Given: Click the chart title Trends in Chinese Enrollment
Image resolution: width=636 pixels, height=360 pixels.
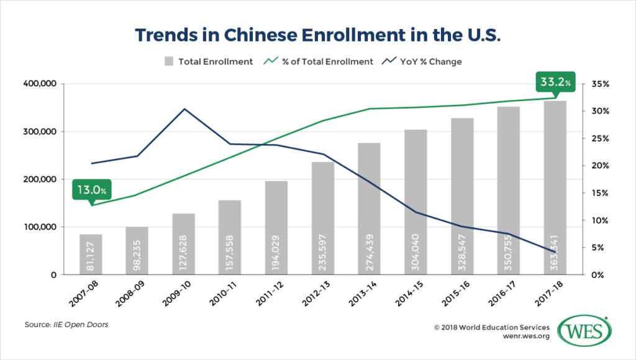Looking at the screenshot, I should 317,35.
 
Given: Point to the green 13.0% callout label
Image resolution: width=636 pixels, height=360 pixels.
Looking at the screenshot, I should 92,189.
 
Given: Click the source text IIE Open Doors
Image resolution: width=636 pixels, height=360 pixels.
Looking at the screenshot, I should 83,324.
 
